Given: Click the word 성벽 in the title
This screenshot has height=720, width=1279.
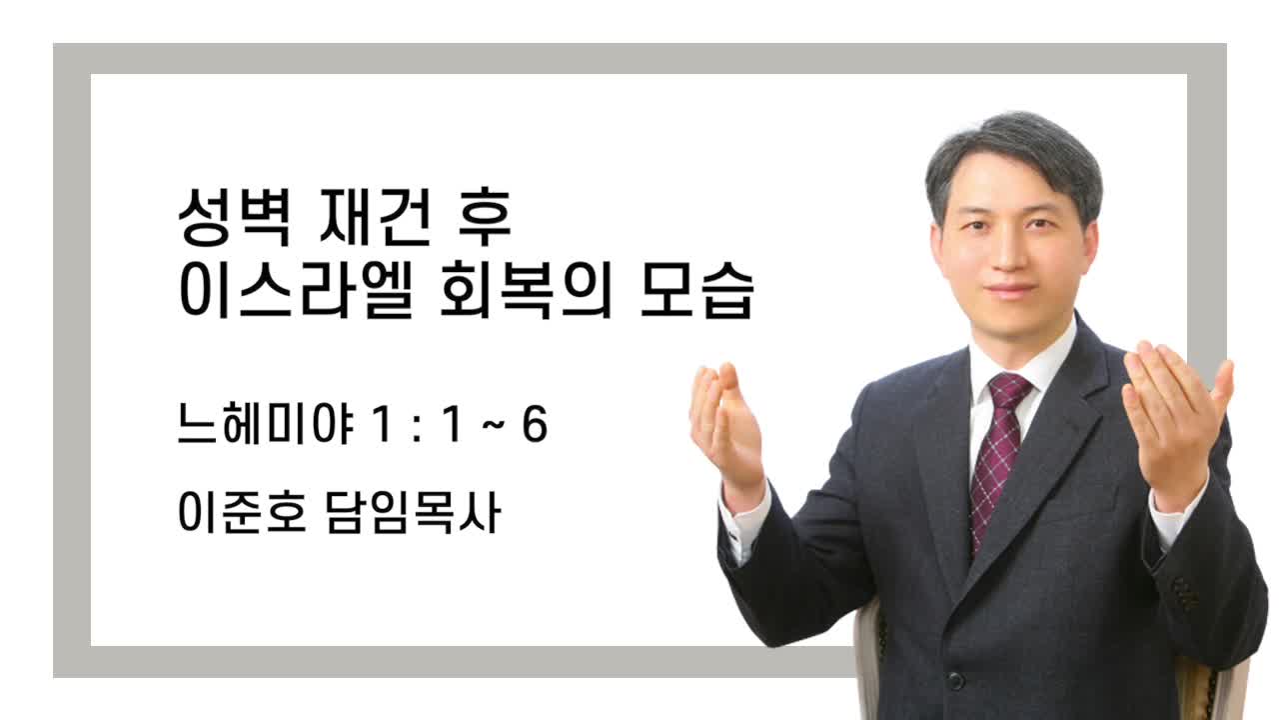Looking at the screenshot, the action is [x=234, y=218].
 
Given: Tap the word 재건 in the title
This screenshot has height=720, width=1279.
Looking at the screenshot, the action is [x=375, y=218].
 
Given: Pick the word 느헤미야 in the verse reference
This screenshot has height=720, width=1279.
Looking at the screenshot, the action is [x=266, y=424].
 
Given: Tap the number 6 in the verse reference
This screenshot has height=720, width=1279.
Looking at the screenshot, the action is [x=535, y=424].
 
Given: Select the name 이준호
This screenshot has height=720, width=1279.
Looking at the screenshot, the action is [x=242, y=512].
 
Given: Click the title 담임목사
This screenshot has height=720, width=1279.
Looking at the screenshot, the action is [x=414, y=512].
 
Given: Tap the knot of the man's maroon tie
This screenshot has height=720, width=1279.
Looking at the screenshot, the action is [x=1009, y=390].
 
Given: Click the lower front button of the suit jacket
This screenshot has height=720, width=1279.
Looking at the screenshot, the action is [x=954, y=681].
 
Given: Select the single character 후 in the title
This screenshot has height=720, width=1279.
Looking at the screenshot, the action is [x=485, y=218].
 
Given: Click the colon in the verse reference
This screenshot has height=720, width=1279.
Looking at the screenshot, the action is [x=417, y=427].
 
